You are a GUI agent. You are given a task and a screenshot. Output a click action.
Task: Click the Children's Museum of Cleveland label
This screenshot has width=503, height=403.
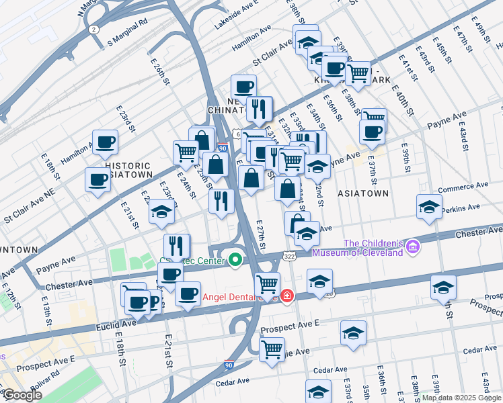click(373, 248)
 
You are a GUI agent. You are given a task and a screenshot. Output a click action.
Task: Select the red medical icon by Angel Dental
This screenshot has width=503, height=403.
click(286, 296)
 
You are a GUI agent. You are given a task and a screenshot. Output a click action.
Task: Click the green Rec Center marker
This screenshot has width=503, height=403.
click(235, 259)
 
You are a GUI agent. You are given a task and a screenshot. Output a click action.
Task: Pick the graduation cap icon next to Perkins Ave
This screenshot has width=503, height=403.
click(429, 208)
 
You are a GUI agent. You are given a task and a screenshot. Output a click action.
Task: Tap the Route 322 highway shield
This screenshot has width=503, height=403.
click(288, 257)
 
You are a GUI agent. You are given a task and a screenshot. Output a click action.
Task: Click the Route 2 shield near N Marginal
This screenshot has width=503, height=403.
click(95, 29)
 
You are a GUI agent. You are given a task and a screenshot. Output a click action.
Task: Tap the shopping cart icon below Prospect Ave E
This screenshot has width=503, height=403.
click(272, 349)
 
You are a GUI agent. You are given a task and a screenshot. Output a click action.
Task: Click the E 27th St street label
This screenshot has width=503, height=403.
click(264, 234)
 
